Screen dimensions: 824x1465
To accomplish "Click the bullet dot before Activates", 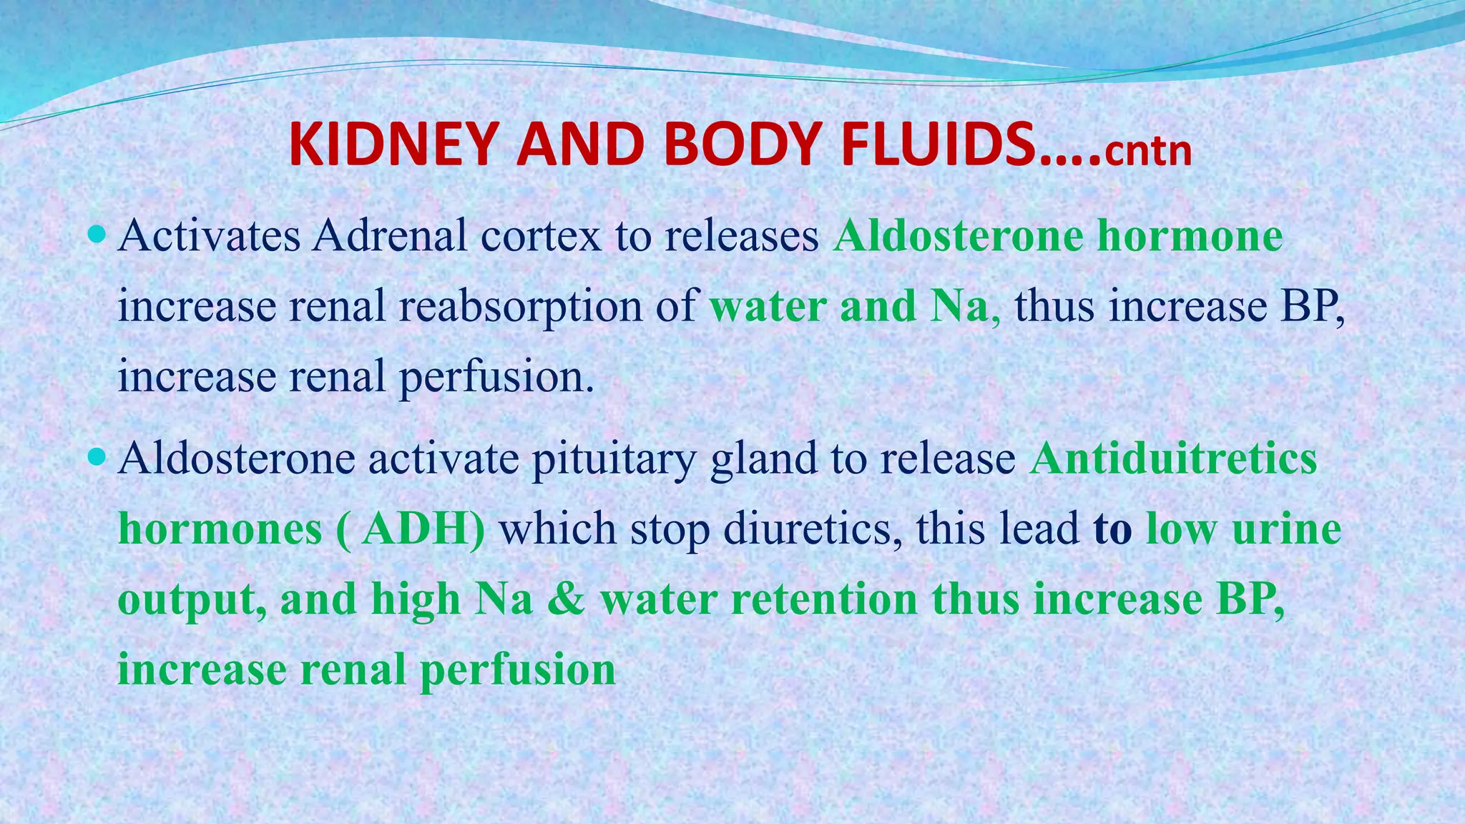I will click(98, 234).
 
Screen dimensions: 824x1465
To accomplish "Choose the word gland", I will click(763, 459).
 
